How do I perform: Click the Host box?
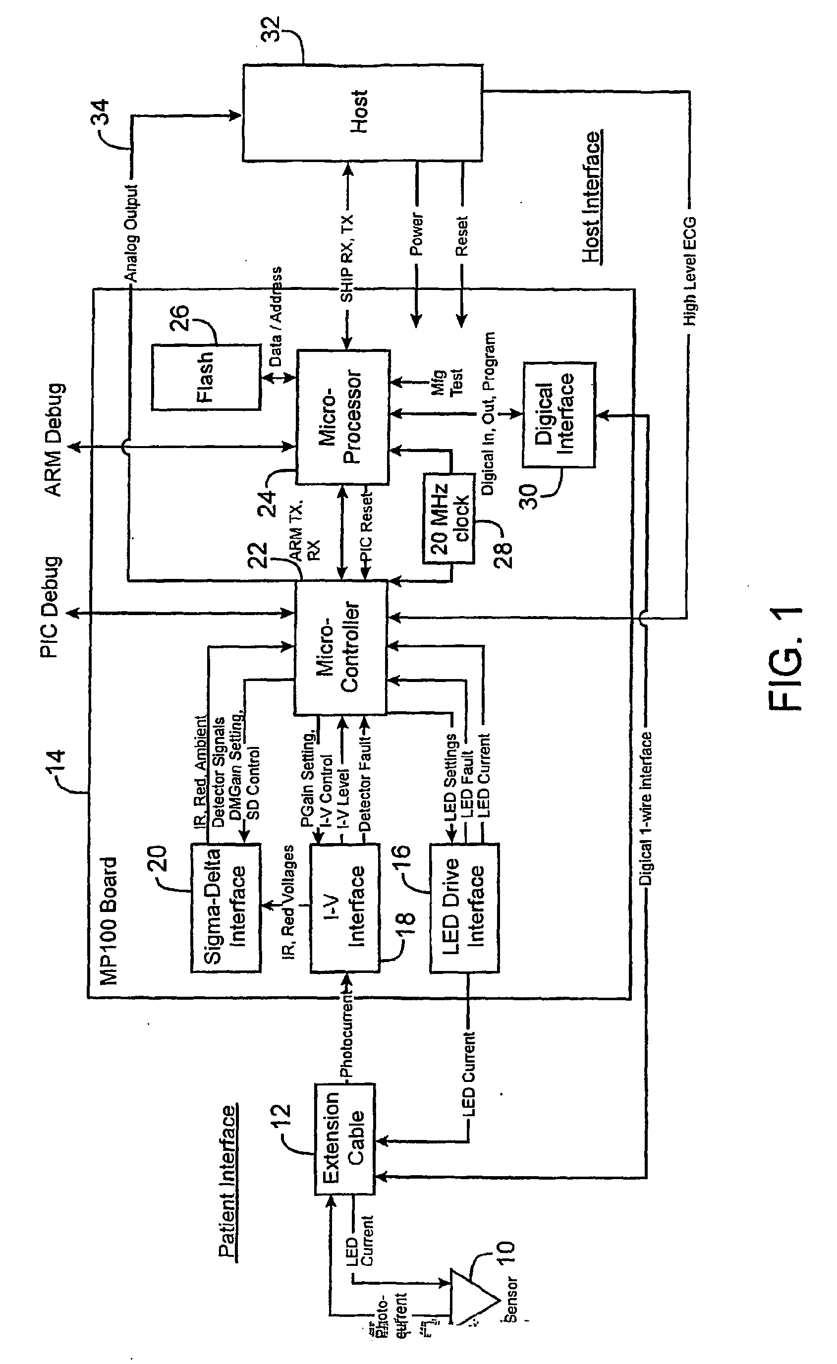tap(361, 113)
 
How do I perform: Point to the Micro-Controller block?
tap(340, 647)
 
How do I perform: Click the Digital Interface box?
tap(558, 415)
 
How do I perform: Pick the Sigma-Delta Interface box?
tap(225, 908)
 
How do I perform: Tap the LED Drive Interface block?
tap(464, 908)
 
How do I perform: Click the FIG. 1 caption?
tap(786, 658)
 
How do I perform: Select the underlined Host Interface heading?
tap(591, 196)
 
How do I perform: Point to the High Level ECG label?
tap(689, 271)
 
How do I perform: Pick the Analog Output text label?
tap(131, 233)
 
